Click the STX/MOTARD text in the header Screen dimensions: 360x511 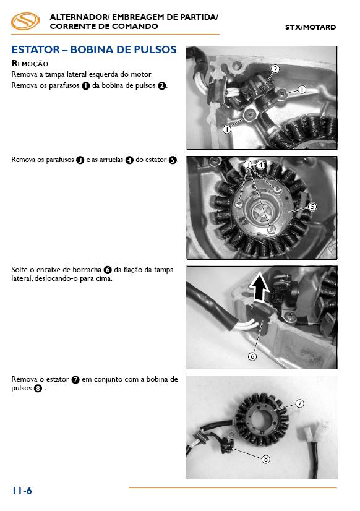tap(311, 27)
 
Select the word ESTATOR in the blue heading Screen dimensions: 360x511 tap(35, 49)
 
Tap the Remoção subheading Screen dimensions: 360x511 tap(30, 64)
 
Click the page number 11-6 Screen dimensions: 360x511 tap(22, 491)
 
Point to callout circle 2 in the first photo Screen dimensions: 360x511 tap(275, 69)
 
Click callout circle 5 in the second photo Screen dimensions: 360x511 tap(312, 207)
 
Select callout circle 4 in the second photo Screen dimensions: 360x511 tap(260, 165)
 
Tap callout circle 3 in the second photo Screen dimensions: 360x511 tap(248, 165)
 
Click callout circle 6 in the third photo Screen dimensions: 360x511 tap(252, 356)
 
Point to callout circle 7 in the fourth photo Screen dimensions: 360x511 tap(299, 403)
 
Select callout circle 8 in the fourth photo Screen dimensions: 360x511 tap(266, 459)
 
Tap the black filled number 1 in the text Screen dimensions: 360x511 tap(86, 86)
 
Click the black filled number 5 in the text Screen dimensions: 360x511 tap(173, 160)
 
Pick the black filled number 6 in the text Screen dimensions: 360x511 tap(108, 270)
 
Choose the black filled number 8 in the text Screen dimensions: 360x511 tap(38, 389)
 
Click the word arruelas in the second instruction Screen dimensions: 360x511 tap(111, 160)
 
